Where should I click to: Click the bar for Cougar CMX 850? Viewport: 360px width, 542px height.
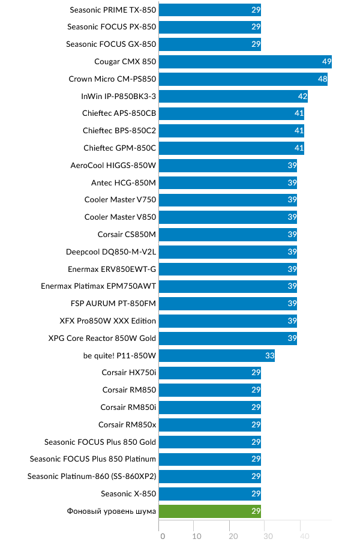(x=245, y=61)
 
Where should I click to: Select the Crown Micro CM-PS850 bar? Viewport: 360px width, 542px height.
(x=243, y=79)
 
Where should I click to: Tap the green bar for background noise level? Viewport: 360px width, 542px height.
(x=210, y=511)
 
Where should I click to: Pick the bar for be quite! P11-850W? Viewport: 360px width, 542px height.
(x=217, y=355)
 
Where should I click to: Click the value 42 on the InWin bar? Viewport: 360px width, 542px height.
(x=302, y=96)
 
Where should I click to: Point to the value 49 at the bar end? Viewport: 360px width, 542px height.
(x=326, y=61)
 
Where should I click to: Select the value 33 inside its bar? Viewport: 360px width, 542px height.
(x=269, y=355)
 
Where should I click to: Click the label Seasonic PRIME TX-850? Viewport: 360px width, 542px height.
(x=113, y=10)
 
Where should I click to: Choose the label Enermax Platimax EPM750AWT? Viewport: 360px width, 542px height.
(x=98, y=286)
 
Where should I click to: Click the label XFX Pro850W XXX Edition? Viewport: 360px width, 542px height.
(x=108, y=321)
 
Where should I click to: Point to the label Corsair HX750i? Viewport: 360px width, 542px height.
(x=128, y=373)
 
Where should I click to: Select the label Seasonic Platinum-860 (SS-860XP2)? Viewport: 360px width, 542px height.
(x=92, y=477)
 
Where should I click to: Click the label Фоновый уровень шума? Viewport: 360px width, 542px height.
(x=112, y=511)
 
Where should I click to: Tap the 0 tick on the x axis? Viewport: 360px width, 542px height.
(x=162, y=536)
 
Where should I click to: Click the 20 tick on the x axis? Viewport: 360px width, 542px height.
(x=233, y=536)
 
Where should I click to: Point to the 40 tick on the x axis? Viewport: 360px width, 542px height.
(x=304, y=536)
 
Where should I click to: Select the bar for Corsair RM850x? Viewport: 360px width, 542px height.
(x=210, y=425)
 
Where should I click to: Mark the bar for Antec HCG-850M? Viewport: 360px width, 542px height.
(x=228, y=182)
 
